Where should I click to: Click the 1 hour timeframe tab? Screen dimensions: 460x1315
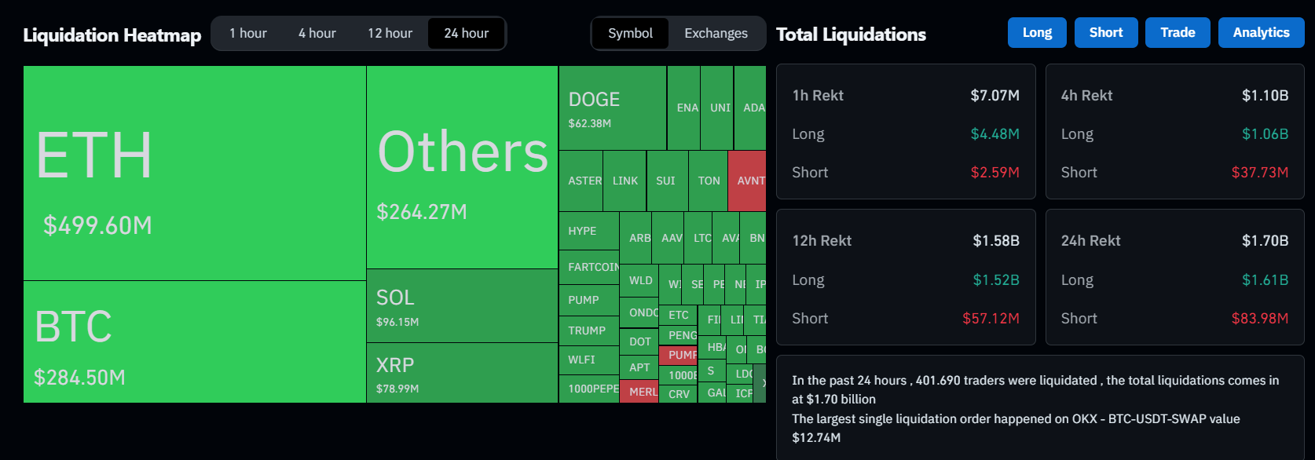(247, 34)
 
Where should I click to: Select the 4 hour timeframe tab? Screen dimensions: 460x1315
(317, 34)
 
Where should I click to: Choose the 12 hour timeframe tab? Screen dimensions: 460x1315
(390, 34)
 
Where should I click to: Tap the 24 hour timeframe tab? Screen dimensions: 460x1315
(466, 34)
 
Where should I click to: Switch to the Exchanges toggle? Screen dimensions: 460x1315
(716, 34)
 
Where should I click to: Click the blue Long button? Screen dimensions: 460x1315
(1037, 33)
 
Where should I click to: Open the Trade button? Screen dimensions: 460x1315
(1178, 33)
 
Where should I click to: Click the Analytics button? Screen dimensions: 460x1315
(1261, 33)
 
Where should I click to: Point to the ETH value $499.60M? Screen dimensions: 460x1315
(97, 226)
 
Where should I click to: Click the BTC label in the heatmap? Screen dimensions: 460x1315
(73, 327)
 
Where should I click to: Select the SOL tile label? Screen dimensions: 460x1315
(395, 298)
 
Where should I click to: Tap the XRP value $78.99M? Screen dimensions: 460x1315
(397, 389)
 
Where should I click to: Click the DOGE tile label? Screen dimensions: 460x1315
(594, 100)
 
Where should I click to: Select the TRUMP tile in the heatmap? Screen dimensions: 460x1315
(587, 330)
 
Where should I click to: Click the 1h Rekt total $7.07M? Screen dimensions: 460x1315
(994, 96)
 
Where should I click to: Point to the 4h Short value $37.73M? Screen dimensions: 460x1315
(1259, 173)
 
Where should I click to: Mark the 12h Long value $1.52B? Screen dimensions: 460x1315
(996, 280)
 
